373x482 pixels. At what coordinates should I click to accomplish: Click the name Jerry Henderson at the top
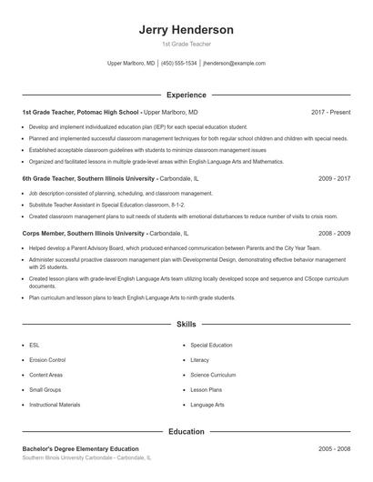pyautogui.click(x=186, y=29)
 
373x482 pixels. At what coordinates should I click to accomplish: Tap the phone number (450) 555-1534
pyautogui.click(x=179, y=65)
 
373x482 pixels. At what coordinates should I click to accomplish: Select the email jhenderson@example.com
pyautogui.click(x=234, y=65)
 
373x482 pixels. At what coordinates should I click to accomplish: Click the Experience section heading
pyautogui.click(x=186, y=95)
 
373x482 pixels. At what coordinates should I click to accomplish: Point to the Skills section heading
pyautogui.click(x=186, y=324)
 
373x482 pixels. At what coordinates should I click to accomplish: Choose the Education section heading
pyautogui.click(x=186, y=431)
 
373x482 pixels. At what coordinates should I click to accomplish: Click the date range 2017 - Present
pyautogui.click(x=330, y=112)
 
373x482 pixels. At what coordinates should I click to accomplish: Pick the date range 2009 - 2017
pyautogui.click(x=334, y=179)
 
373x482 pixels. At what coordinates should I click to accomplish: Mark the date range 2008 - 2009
pyautogui.click(x=334, y=234)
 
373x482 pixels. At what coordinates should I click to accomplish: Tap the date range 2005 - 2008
pyautogui.click(x=334, y=448)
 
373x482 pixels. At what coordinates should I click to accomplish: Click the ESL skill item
pyautogui.click(x=34, y=346)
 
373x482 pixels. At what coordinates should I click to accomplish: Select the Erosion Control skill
pyautogui.click(x=47, y=360)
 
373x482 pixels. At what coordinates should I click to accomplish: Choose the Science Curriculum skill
pyautogui.click(x=213, y=375)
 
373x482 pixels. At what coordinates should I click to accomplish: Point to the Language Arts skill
pyautogui.click(x=207, y=404)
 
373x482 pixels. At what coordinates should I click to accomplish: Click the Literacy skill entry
pyautogui.click(x=199, y=360)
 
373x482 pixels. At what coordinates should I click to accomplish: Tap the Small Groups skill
pyautogui.click(x=45, y=389)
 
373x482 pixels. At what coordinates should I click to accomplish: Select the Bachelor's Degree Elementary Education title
pyautogui.click(x=80, y=448)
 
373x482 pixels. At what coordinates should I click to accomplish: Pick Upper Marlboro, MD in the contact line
pyautogui.click(x=131, y=65)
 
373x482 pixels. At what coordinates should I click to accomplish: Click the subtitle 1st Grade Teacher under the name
pyautogui.click(x=186, y=45)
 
